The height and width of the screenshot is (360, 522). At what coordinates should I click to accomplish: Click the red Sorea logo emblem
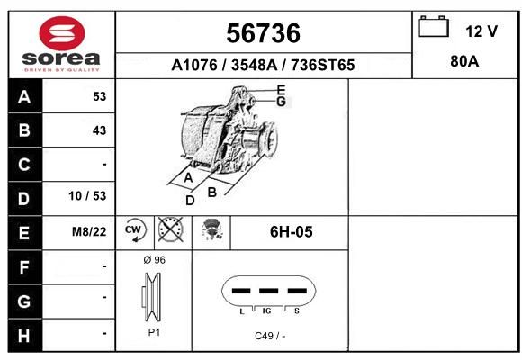[x=62, y=33]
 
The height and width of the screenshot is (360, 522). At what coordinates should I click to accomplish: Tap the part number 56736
[x=264, y=33]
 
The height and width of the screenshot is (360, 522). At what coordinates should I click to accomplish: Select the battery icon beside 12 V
[x=434, y=26]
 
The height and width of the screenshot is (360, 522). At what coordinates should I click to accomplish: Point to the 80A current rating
[x=464, y=61]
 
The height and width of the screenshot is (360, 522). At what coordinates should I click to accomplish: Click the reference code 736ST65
[x=323, y=65]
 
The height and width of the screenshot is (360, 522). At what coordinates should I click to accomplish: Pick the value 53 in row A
[x=100, y=96]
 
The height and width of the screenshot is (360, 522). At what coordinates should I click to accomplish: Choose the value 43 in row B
[x=100, y=130]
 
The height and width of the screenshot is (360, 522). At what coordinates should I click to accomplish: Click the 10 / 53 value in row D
[x=87, y=196]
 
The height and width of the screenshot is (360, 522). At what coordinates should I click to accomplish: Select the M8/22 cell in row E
[x=89, y=231]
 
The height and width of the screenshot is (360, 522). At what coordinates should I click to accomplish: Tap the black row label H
[x=24, y=336]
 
